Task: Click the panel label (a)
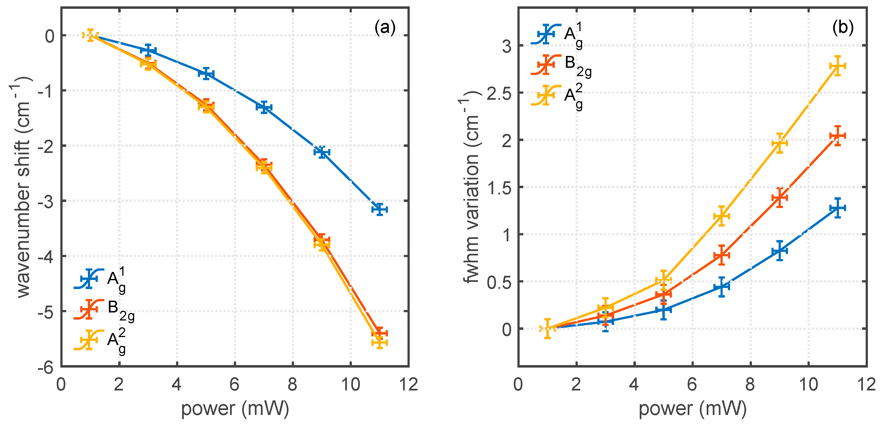pyautogui.click(x=385, y=27)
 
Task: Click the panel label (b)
pyautogui.click(x=843, y=27)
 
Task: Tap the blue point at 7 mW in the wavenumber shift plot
pyautogui.click(x=264, y=107)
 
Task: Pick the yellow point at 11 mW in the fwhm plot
pyautogui.click(x=837, y=66)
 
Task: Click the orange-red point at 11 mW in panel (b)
pyautogui.click(x=837, y=136)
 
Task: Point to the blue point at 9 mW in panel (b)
pyautogui.click(x=779, y=250)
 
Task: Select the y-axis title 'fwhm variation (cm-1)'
pyautogui.click(x=472, y=187)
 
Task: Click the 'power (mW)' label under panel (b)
pyautogui.click(x=692, y=408)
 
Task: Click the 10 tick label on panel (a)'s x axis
pyautogui.click(x=350, y=385)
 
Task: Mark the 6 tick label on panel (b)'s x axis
pyautogui.click(x=692, y=385)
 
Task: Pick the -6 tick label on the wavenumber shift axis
pyautogui.click(x=46, y=368)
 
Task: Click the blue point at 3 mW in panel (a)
pyautogui.click(x=148, y=50)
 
